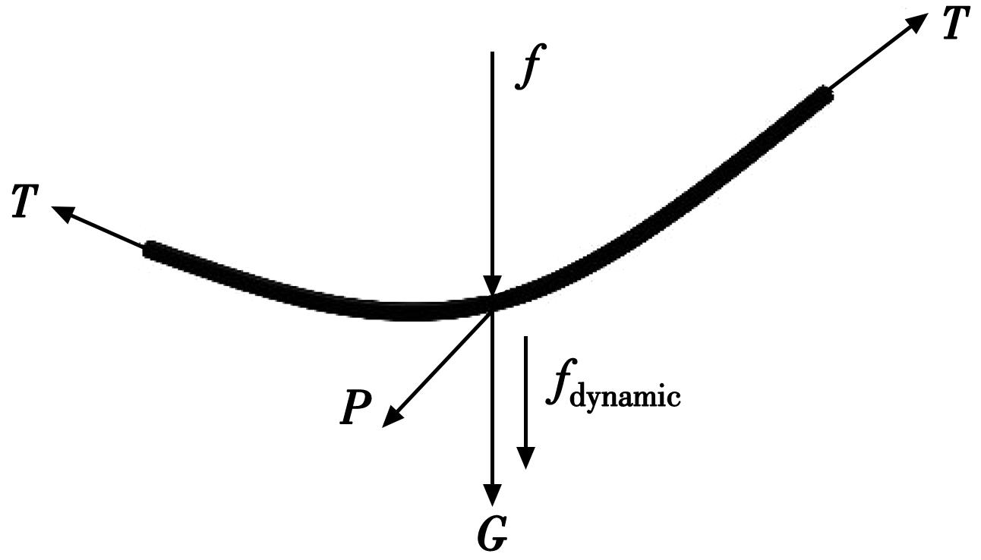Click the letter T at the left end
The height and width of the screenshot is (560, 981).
[26, 201]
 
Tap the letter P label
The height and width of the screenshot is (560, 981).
[355, 407]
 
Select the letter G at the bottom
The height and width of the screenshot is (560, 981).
[492, 535]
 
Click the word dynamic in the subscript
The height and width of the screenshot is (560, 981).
[626, 396]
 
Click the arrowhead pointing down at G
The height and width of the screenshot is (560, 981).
[493, 495]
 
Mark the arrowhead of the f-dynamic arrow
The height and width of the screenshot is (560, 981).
[525, 458]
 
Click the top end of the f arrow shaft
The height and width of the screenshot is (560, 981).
[492, 52]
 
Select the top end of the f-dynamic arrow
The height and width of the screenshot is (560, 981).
[525, 336]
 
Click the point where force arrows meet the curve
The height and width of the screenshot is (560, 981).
[493, 304]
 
